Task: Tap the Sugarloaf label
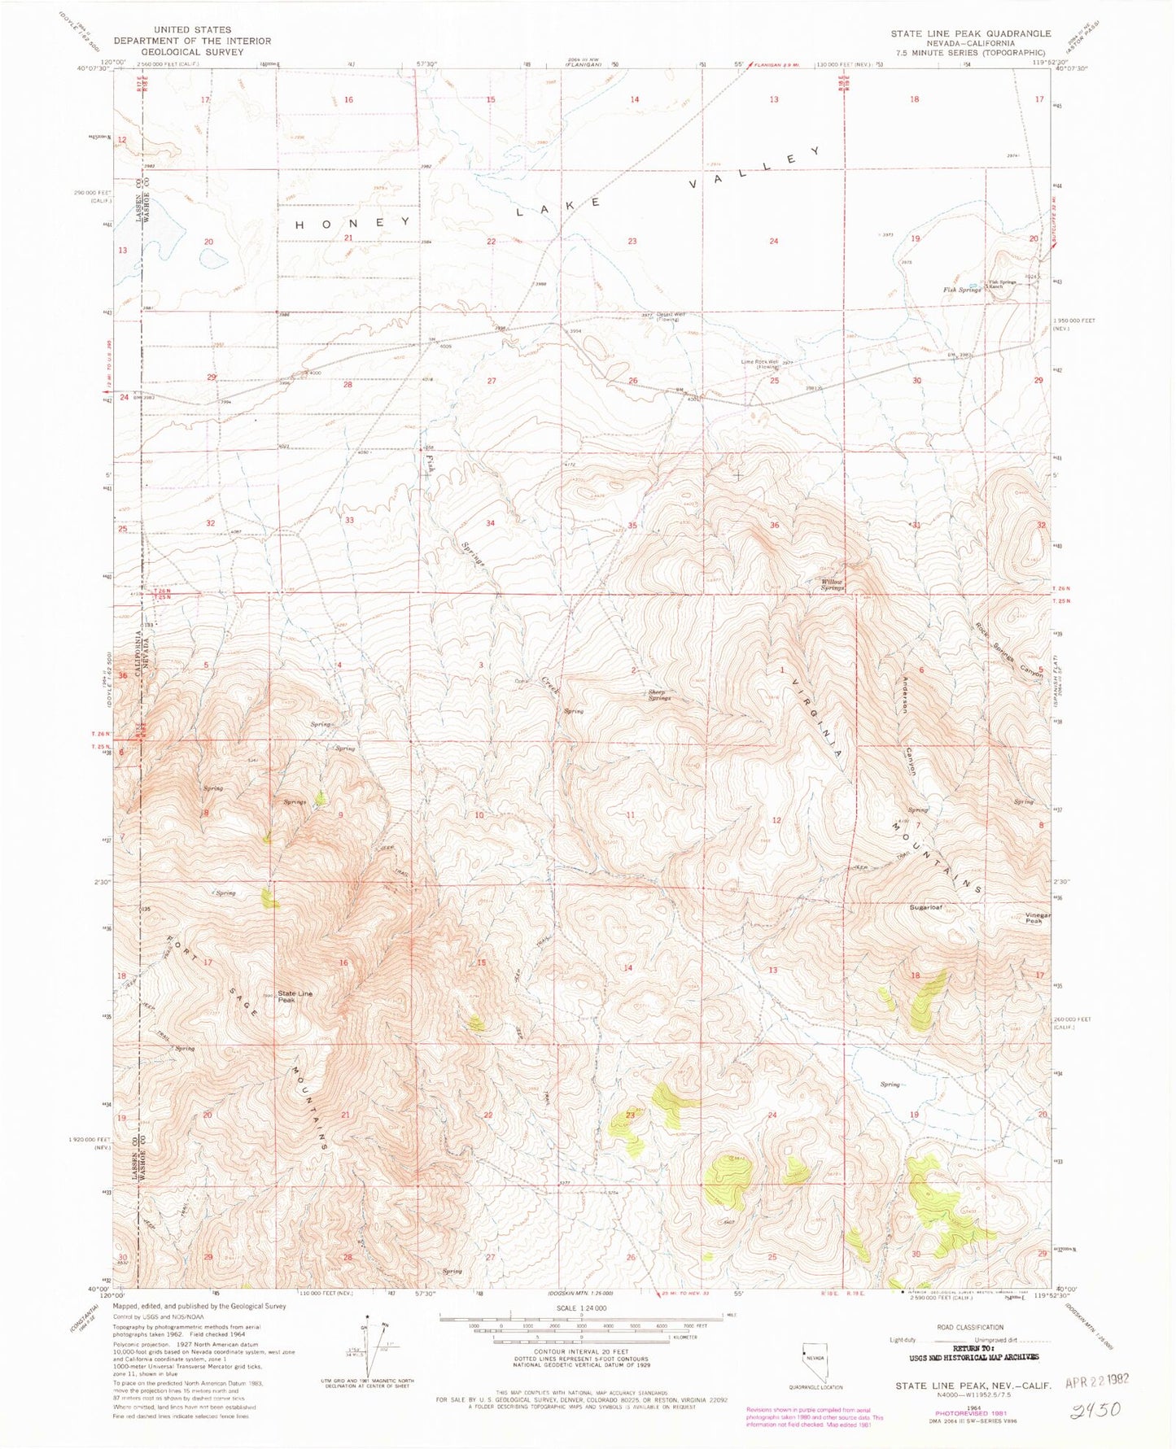click(925, 906)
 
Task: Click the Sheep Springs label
click(659, 696)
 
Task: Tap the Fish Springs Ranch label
click(1002, 284)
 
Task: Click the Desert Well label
click(671, 316)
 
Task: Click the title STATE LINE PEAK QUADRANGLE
click(970, 33)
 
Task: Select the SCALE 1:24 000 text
click(580, 1331)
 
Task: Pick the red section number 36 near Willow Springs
click(774, 525)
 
